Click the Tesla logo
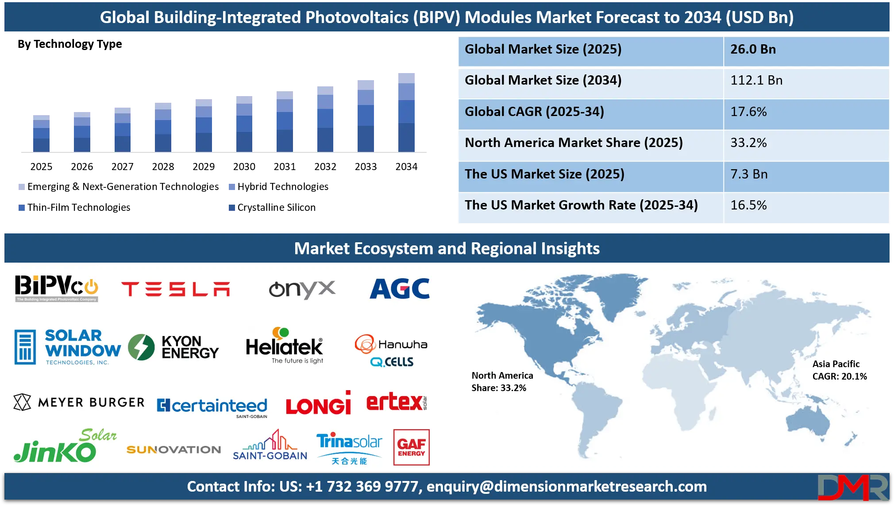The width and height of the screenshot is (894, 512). pos(176,289)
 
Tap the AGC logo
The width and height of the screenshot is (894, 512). pos(400,289)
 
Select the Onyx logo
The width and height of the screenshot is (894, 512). pos(302,290)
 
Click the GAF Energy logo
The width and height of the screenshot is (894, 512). pos(411,447)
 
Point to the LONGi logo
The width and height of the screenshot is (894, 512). pos(318,403)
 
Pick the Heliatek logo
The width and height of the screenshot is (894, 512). pos(285,346)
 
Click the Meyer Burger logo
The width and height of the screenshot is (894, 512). pos(79,402)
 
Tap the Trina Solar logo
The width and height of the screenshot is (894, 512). pos(349,448)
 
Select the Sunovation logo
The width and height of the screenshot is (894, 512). pos(173,450)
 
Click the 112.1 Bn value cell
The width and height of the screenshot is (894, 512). pos(756,81)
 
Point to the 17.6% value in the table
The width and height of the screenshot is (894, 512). pos(748,112)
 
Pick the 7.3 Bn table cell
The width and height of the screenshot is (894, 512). pos(749,174)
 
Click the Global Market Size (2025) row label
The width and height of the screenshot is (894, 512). pos(543,49)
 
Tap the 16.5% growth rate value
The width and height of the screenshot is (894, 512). pos(748,206)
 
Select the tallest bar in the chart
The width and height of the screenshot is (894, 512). pos(407,112)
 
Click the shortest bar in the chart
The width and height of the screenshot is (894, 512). pos(41,133)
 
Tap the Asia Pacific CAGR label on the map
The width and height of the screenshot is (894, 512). pos(839,370)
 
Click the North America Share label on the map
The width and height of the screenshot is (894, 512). pos(502,382)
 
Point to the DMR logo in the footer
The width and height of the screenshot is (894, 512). pos(852,488)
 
